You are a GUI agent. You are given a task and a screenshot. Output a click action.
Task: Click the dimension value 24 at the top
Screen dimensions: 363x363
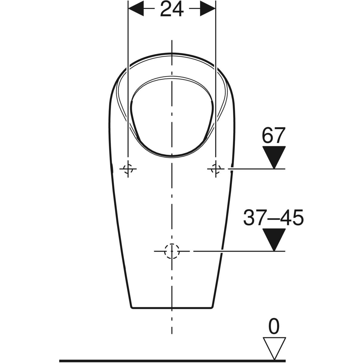coord(172,8)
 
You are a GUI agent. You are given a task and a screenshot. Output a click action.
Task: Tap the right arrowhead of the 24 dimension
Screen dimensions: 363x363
coord(208,8)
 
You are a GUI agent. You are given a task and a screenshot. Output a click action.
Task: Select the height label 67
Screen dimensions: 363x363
coord(274,135)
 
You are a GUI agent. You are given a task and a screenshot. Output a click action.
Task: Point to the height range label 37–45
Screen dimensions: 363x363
coord(273,217)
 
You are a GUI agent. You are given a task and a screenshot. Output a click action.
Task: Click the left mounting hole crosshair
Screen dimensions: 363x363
coord(128,169)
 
